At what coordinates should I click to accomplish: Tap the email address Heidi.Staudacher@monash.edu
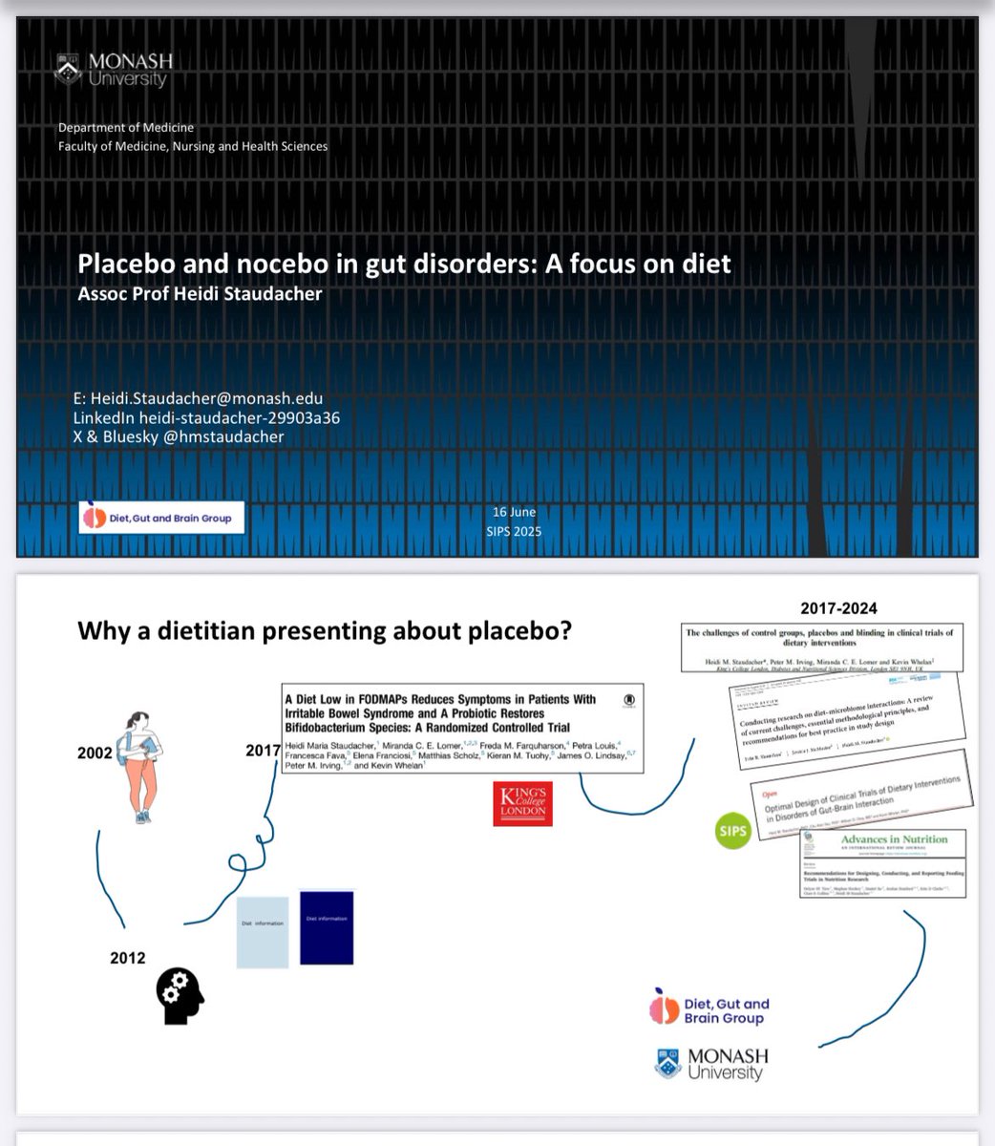point(198,398)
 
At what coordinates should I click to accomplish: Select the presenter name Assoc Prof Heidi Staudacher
point(200,293)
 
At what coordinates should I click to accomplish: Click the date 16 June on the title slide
point(513,513)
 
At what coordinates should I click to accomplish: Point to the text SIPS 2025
point(513,531)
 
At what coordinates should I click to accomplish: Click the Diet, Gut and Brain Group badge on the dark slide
point(160,518)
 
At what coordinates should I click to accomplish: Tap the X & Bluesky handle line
point(179,437)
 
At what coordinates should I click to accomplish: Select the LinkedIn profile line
point(206,418)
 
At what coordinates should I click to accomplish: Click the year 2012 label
point(127,958)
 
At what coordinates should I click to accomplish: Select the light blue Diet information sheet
point(263,932)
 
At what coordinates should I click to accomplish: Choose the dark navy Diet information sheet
point(327,927)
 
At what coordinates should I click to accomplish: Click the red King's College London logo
point(522,802)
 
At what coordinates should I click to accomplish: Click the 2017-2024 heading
point(840,607)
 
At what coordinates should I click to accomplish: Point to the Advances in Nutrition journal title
point(893,839)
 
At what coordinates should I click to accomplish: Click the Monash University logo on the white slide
point(712,1064)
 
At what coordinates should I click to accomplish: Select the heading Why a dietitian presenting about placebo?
point(324,630)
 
